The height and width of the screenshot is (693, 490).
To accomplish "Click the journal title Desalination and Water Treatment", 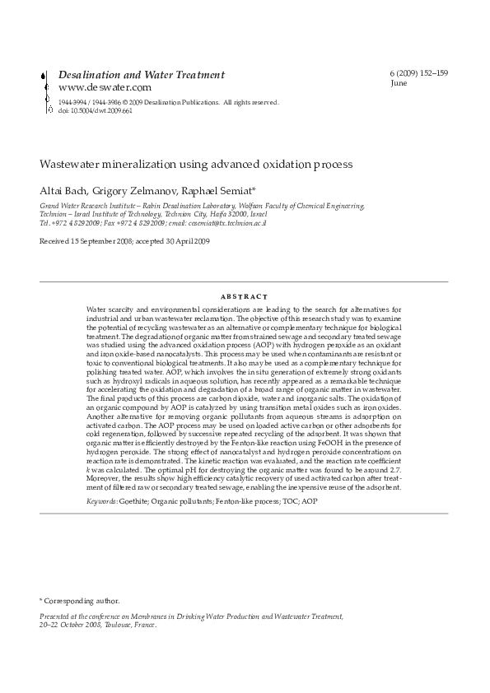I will tap(141, 75).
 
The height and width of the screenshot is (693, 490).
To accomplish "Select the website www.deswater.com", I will tap(105, 87).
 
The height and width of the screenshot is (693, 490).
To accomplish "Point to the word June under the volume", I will tap(399, 83).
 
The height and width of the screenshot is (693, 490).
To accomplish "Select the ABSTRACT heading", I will tap(245, 296).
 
